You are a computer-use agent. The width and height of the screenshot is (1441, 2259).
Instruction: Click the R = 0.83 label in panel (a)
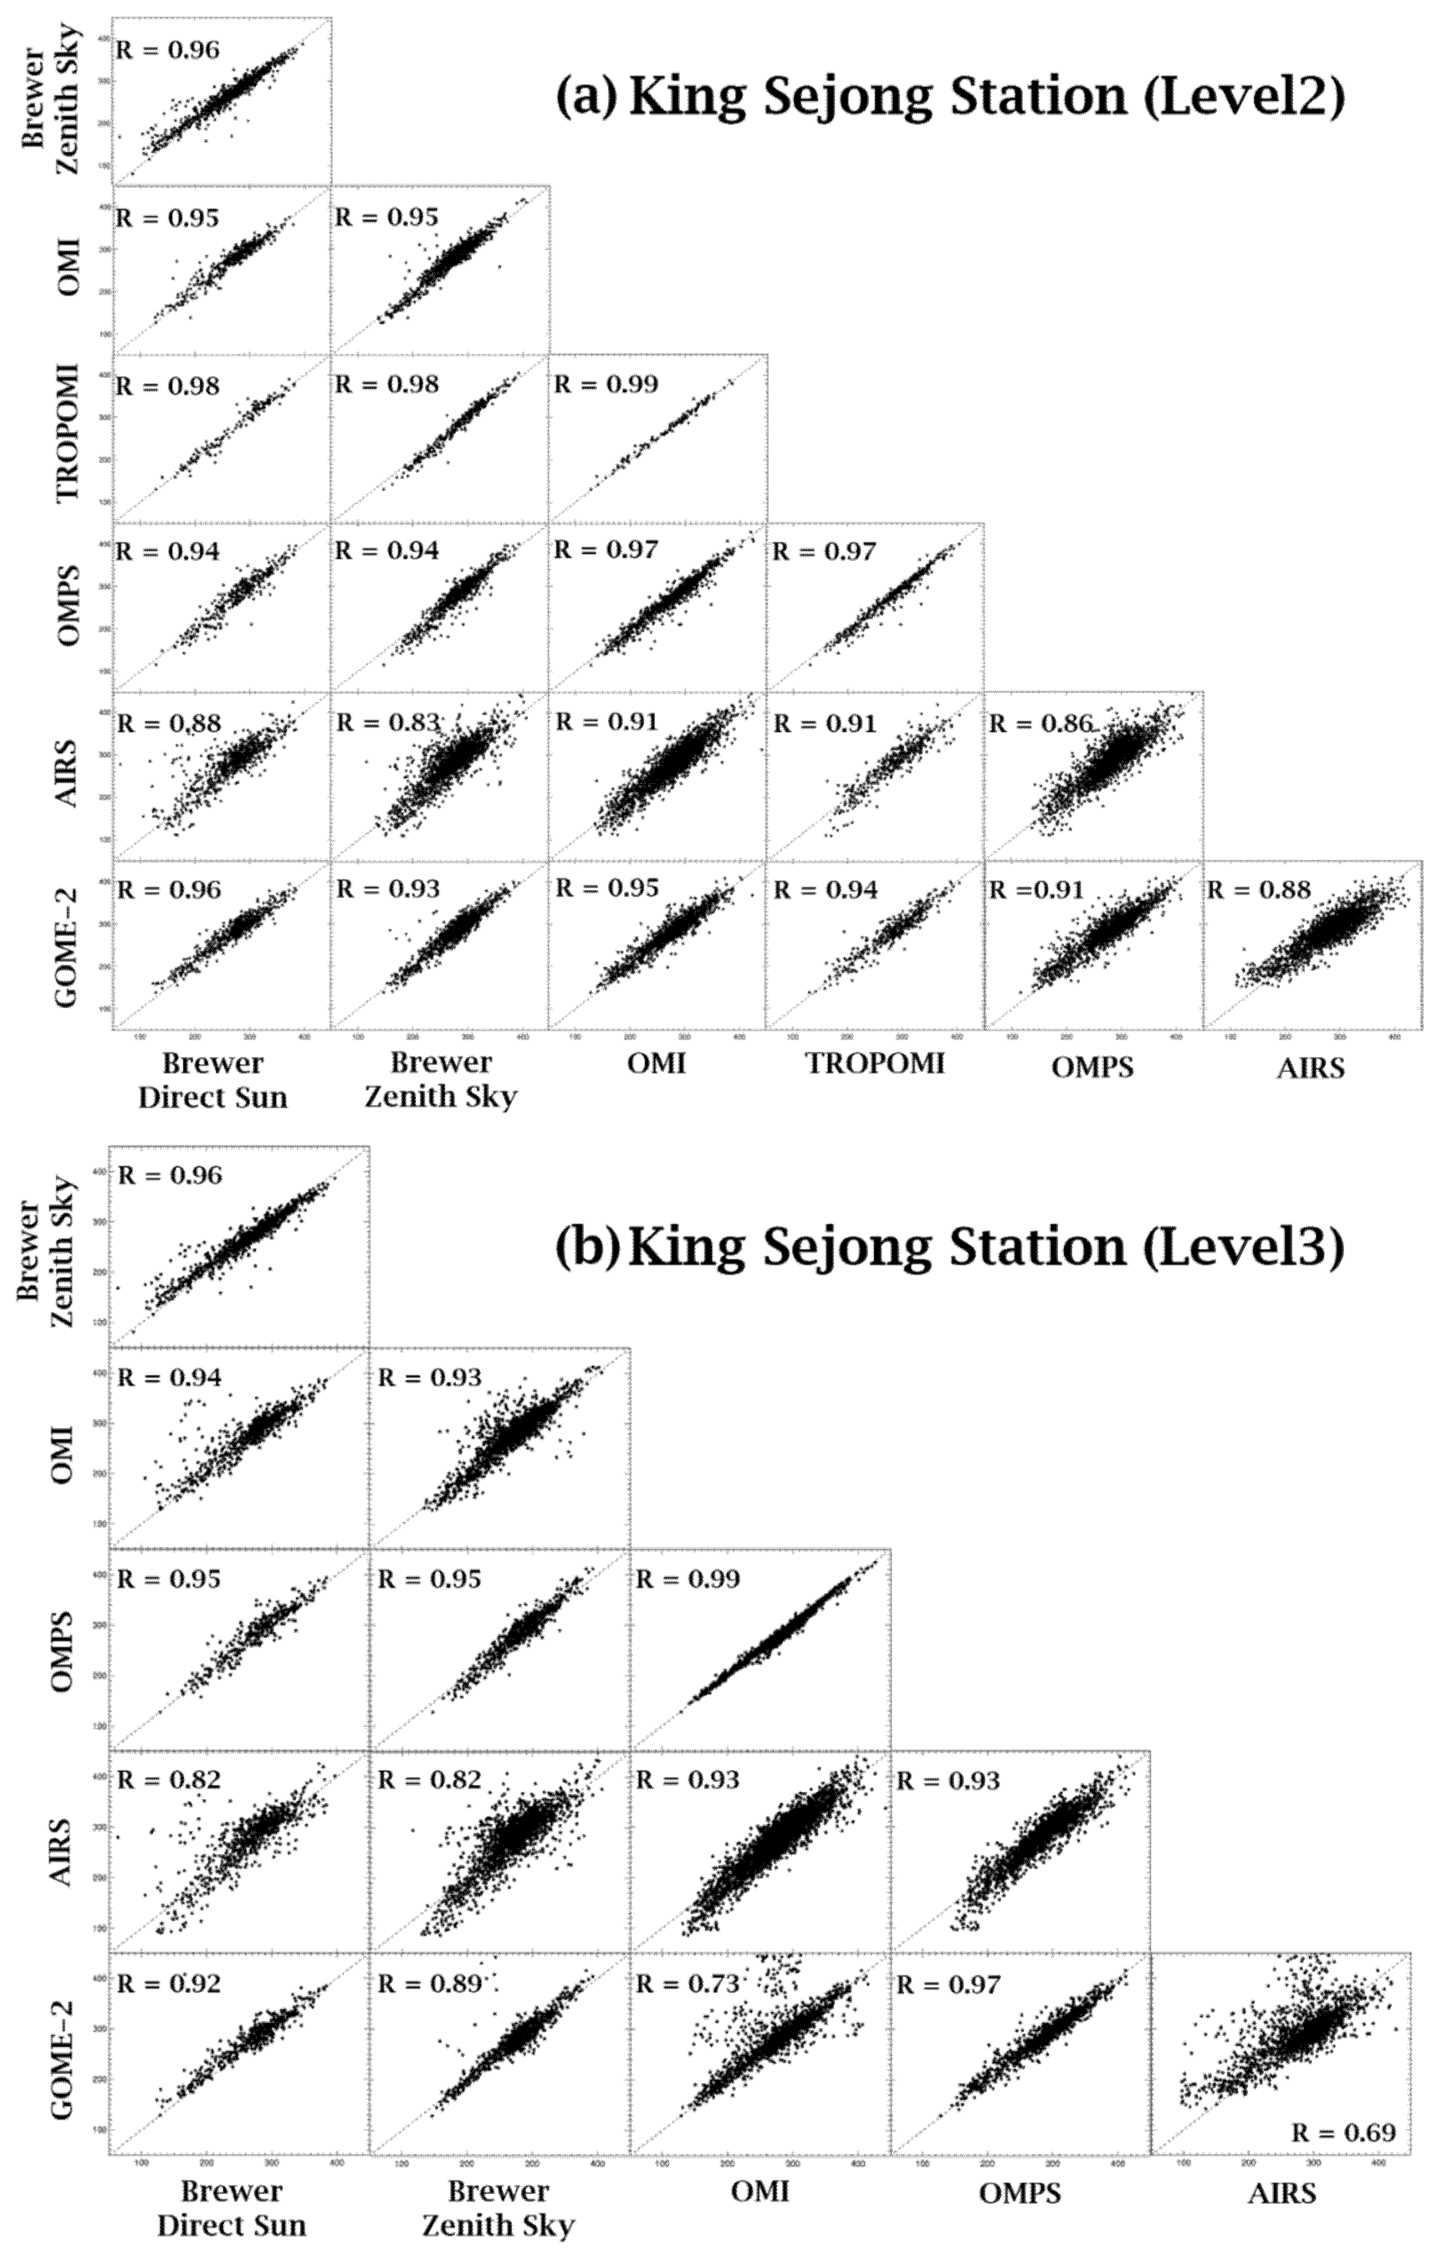388,723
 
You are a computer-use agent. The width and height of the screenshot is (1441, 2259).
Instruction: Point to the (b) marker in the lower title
587,1247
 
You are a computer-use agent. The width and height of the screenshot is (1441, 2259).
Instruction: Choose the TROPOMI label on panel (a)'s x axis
876,1064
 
